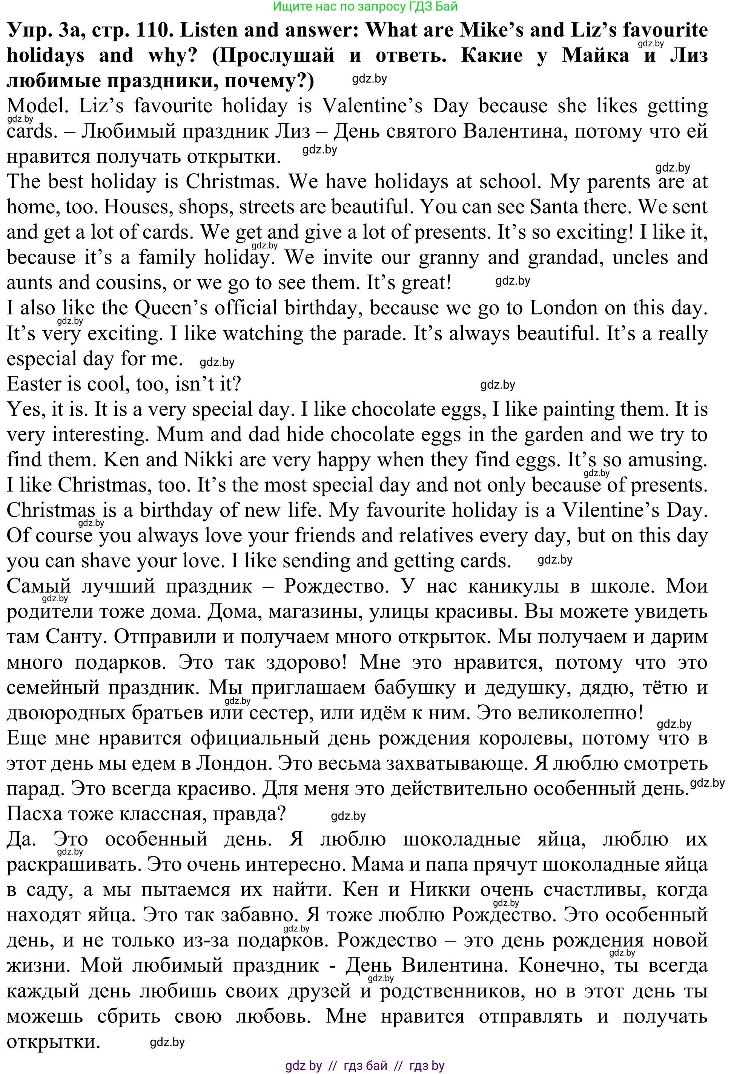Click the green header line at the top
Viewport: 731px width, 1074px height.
[365, 6]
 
